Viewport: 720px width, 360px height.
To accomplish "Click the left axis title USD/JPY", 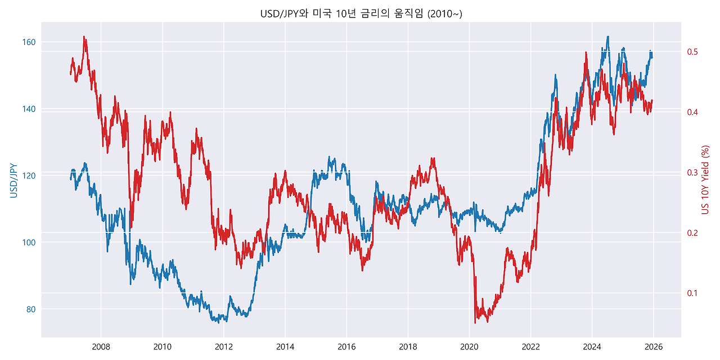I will click(x=13, y=180).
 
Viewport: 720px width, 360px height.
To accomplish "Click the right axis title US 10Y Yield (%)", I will click(x=705, y=180).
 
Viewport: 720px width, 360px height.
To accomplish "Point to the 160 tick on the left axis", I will click(x=29, y=42).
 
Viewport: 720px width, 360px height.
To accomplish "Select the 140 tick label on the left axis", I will click(x=29, y=109).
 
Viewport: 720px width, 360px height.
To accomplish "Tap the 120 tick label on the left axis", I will click(x=29, y=175).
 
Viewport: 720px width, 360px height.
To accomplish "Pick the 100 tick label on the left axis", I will click(x=29, y=242).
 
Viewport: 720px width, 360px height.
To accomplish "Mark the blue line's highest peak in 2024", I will click(x=607, y=37).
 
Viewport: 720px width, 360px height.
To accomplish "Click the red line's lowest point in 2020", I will click(x=475, y=322).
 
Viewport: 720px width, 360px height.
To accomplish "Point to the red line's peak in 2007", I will click(x=84, y=37).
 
